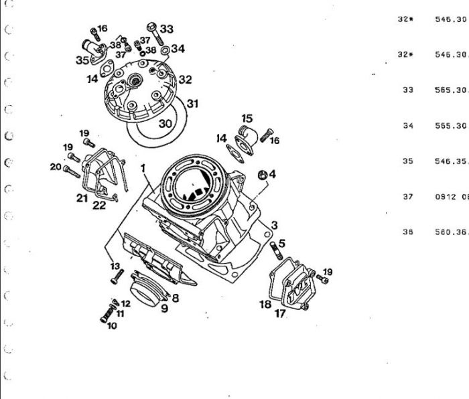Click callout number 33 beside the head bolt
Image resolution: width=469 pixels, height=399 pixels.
167,29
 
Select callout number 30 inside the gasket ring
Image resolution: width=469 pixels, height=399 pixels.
165,123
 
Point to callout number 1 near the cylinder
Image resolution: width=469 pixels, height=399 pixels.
143,165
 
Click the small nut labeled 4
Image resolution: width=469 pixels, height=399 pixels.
263,175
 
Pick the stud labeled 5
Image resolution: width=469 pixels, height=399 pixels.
273,253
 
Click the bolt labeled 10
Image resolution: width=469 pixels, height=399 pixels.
104,316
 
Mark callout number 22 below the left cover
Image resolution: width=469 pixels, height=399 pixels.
98,205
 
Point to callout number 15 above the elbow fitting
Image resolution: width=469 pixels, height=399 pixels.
246,118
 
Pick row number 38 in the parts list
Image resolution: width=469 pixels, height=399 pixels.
407,232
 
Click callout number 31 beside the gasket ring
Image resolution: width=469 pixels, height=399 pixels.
192,104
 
